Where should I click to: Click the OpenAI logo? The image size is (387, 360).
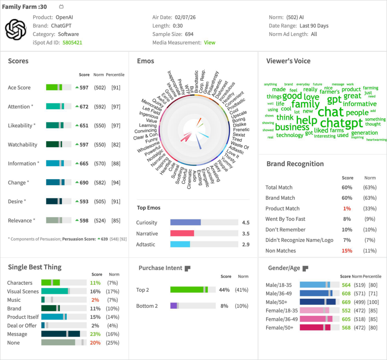pyautogui.click(x=15, y=29)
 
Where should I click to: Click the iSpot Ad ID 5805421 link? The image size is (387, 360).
pyautogui.click(x=72, y=42)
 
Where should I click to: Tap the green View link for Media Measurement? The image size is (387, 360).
pyautogui.click(x=209, y=42)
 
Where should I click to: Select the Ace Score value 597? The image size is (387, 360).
pyautogui.click(x=84, y=88)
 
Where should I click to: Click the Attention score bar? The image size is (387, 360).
pyautogui.click(x=59, y=107)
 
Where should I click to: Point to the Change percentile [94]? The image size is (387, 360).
pyautogui.click(x=116, y=182)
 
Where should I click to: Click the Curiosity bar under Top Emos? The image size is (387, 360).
pyautogui.click(x=186, y=222)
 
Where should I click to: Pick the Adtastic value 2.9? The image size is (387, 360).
pyautogui.click(x=245, y=244)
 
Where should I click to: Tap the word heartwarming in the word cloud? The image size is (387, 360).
pyautogui.click(x=376, y=139)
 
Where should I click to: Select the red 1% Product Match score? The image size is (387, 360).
pyautogui.click(x=347, y=209)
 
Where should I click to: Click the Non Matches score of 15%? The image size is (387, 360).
pyautogui.click(x=347, y=251)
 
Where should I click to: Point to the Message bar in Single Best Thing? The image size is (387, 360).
pyautogui.click(x=60, y=334)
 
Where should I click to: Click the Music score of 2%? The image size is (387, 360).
pyautogui.click(x=95, y=300)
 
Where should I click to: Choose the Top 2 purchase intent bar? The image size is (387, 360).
pyautogui.click(x=193, y=290)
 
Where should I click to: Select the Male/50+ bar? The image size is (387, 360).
pyautogui.click(x=317, y=302)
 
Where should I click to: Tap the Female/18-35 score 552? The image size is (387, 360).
pyautogui.click(x=346, y=311)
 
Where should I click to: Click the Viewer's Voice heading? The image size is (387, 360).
pyautogui.click(x=288, y=61)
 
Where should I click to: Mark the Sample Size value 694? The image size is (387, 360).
pyautogui.click(x=189, y=34)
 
